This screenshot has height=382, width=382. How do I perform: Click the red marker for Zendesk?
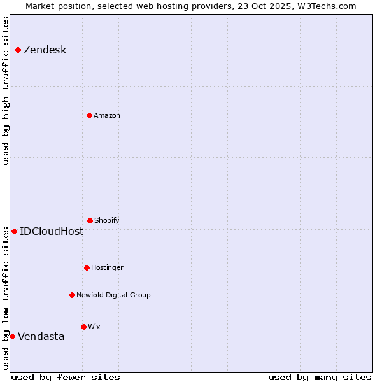coord(18,50)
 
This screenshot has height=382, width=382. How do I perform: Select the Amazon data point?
coord(89,115)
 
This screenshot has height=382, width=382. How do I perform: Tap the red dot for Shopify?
coord(90,220)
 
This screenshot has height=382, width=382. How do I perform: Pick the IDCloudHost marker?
coord(14,231)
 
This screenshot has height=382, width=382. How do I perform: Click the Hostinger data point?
coord(87,267)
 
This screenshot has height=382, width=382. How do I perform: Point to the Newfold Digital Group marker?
coord(72,295)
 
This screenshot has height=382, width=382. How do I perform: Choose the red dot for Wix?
coord(83,327)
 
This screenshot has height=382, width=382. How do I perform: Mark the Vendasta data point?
coord(12,336)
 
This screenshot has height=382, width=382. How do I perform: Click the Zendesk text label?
coord(45,50)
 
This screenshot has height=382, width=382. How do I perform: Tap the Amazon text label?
coord(106,116)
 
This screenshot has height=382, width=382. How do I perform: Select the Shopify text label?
coord(106,221)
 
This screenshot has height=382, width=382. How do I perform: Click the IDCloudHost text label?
coord(52,232)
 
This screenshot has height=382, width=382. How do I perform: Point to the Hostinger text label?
coord(107,268)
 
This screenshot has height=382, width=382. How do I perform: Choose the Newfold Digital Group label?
coord(113,295)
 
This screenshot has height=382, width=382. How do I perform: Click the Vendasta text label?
coord(41,337)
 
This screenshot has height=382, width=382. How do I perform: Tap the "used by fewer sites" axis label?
coord(66,377)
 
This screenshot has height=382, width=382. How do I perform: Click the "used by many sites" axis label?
coord(320,377)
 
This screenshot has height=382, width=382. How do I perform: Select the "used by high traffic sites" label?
coord(6,90)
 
